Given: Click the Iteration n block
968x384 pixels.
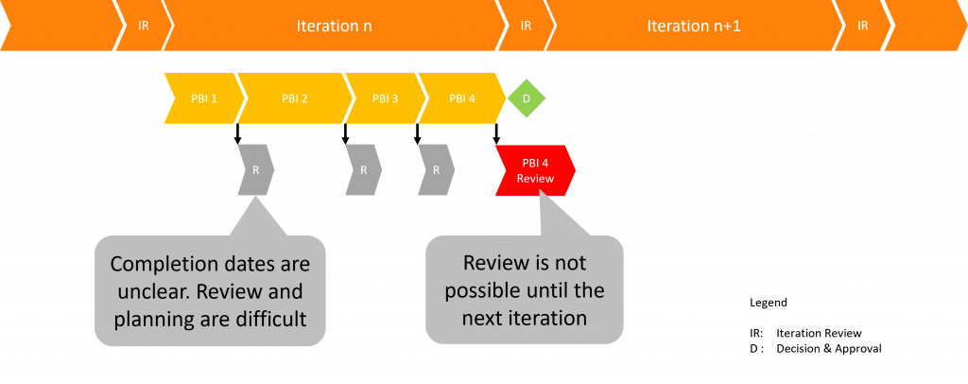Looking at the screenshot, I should click(x=334, y=26).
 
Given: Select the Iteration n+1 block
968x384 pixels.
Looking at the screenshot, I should click(x=693, y=26).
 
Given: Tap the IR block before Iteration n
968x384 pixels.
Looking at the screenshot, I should click(x=144, y=26).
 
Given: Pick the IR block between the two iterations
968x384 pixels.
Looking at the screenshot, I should click(x=526, y=26).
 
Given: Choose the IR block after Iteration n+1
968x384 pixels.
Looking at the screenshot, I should click(x=862, y=26).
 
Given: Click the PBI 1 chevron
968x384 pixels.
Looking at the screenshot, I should click(x=201, y=98).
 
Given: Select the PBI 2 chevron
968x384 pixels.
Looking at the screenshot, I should click(x=294, y=98).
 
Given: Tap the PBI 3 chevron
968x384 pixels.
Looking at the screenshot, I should click(x=385, y=98).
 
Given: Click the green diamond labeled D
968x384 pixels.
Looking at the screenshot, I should click(x=527, y=98).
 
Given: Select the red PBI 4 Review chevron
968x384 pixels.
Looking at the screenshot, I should click(x=535, y=170).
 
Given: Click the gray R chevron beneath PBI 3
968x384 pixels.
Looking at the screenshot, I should click(x=363, y=170).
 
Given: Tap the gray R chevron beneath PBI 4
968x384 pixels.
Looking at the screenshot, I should click(x=436, y=170).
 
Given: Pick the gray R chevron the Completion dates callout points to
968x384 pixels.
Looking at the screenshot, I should click(x=255, y=170).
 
